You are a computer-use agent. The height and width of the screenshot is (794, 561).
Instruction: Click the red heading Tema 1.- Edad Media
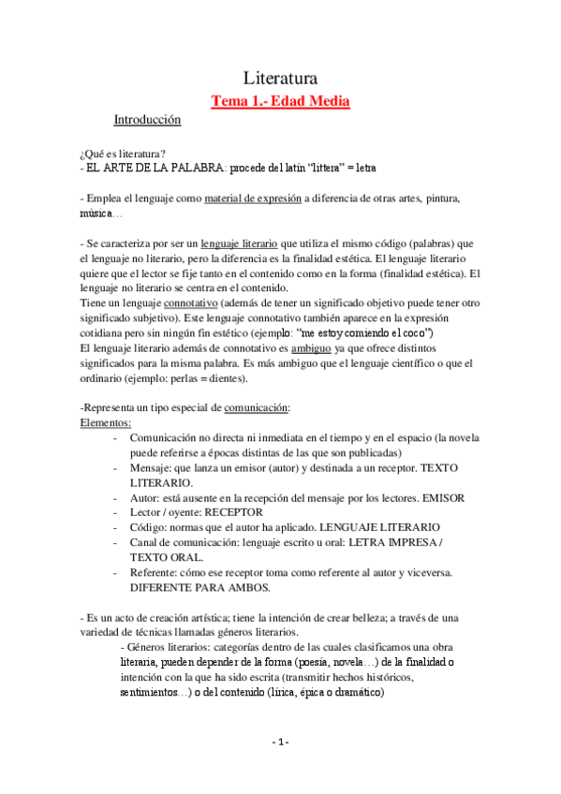click(x=280, y=100)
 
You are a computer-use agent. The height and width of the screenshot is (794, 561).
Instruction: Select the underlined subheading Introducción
click(x=147, y=121)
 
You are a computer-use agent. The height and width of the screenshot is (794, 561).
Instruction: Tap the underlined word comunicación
click(x=257, y=408)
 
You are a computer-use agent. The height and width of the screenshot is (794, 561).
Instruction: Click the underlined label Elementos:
click(x=105, y=422)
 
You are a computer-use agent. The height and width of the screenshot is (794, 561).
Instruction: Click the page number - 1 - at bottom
click(x=280, y=742)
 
